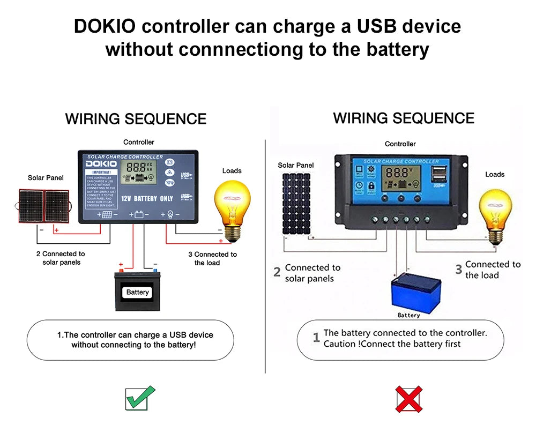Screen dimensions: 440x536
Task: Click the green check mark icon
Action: pos(140,398)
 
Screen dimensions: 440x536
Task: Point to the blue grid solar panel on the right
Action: pos(296,202)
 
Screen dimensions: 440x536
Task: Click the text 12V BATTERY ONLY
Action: pos(146,198)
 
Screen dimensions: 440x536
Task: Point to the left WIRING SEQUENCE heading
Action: pos(136,118)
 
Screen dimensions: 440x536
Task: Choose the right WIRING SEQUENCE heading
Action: pos(404,118)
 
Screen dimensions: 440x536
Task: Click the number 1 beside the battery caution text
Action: pos(316,338)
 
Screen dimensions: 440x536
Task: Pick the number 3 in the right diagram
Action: pos(458,270)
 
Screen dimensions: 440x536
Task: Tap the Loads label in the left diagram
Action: pos(232,170)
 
